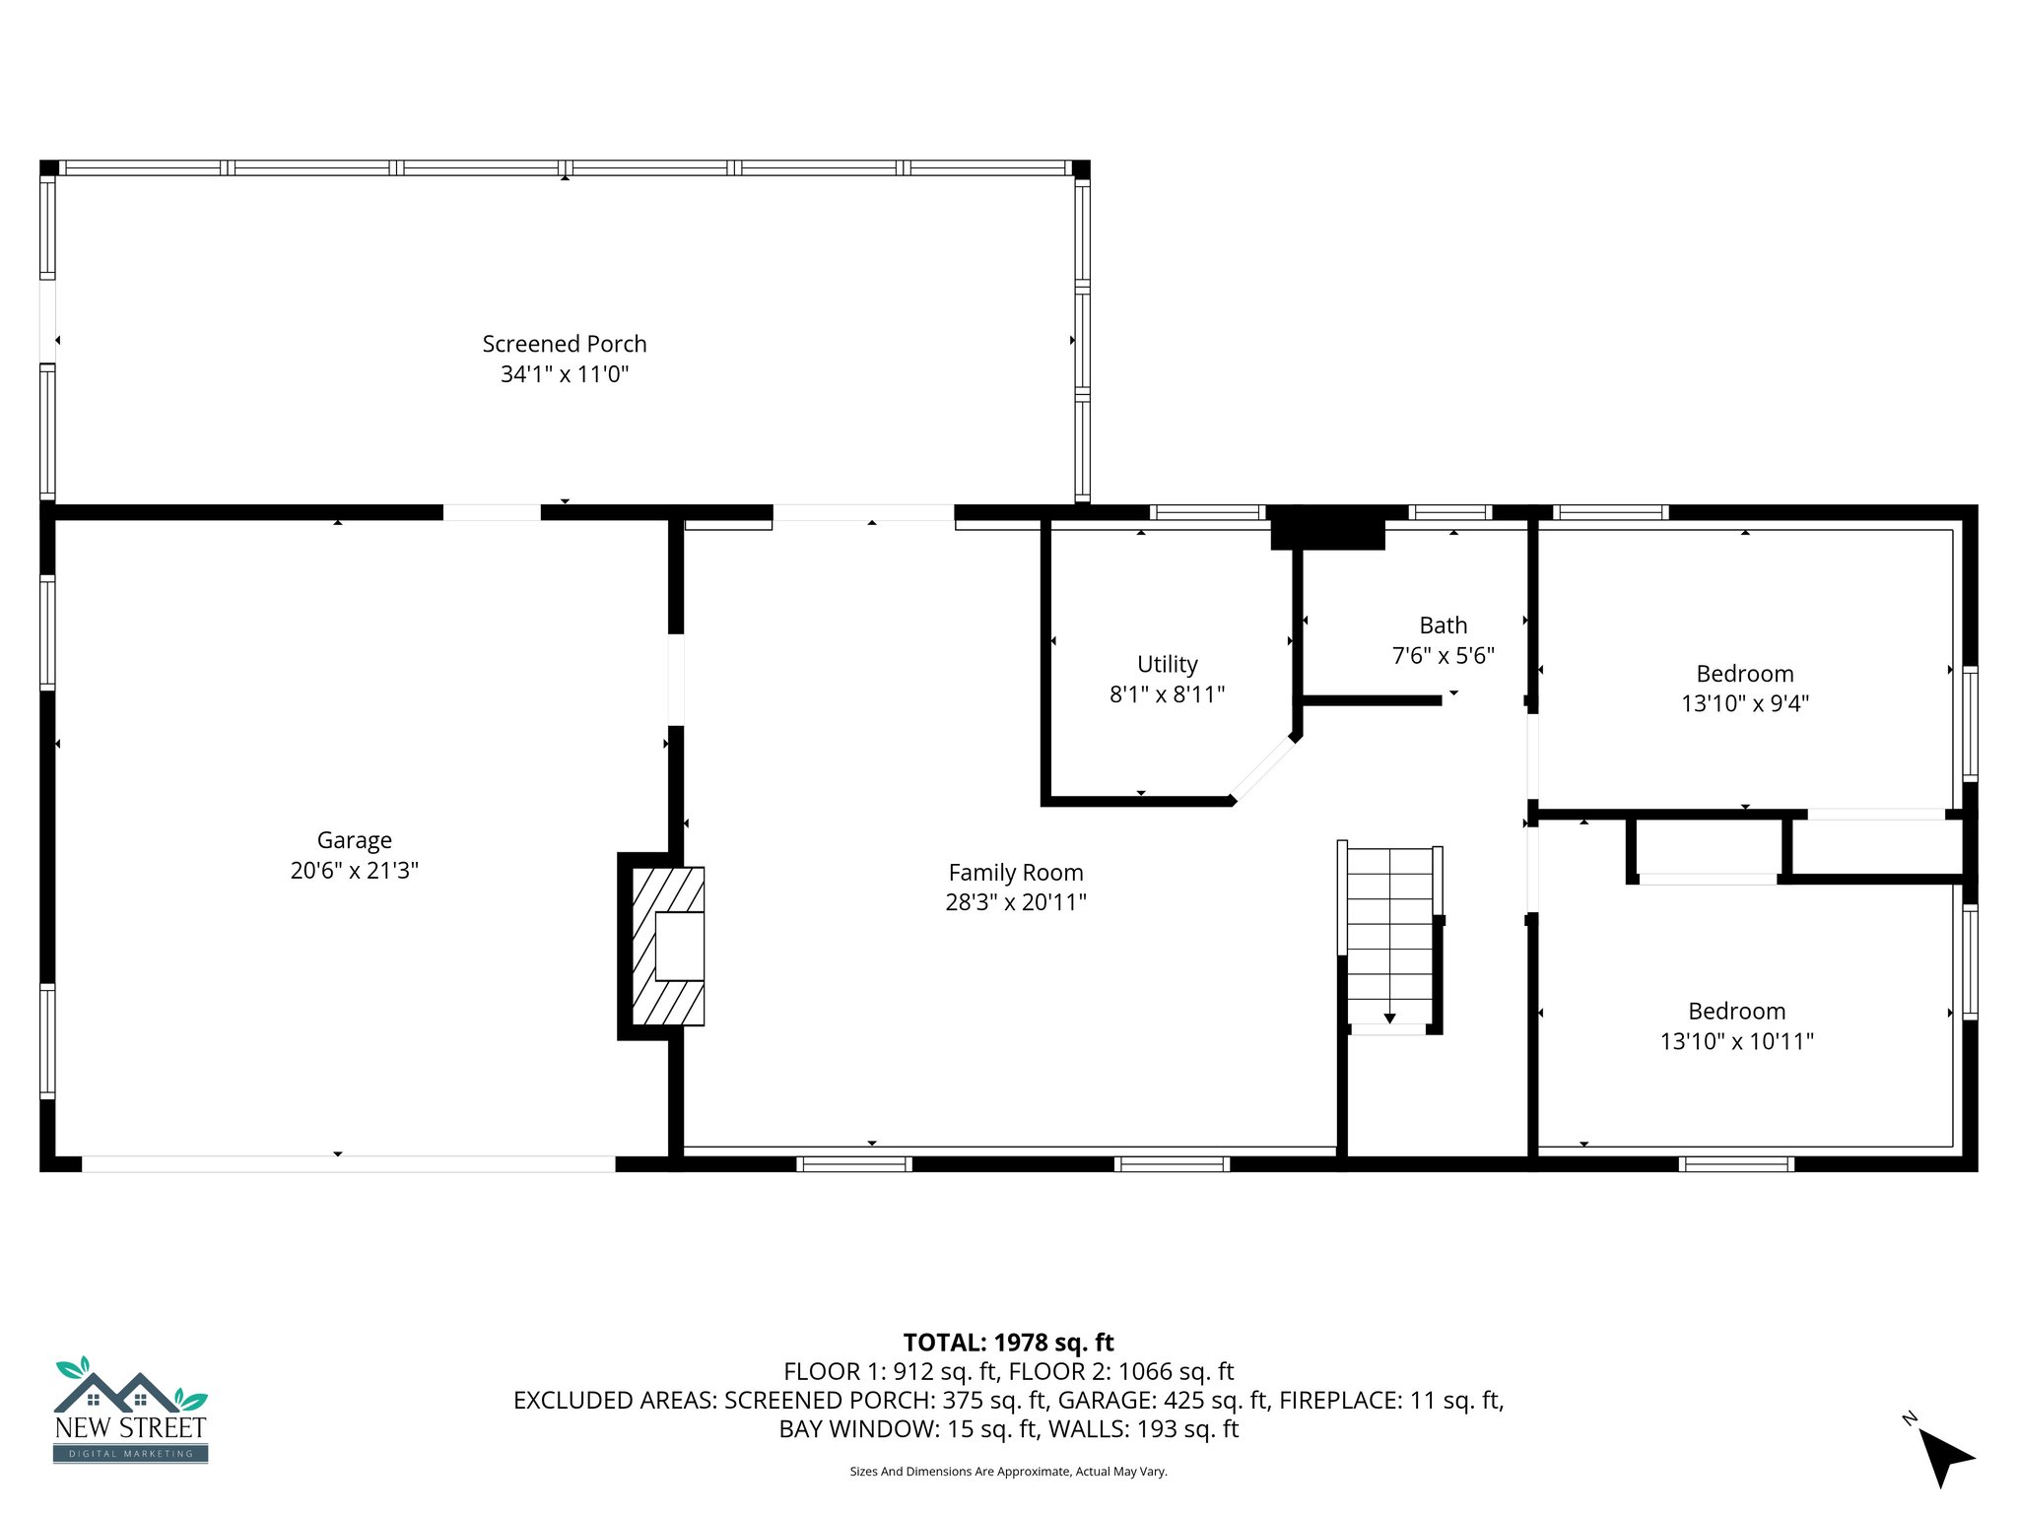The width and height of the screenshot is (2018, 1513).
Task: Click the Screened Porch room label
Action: tap(564, 344)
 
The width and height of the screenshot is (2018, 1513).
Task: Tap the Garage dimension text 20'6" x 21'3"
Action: tap(354, 871)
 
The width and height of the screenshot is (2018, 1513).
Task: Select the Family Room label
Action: tap(1015, 873)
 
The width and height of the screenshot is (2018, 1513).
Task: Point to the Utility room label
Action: tap(1167, 664)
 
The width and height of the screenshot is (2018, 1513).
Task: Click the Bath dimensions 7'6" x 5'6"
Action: tap(1443, 656)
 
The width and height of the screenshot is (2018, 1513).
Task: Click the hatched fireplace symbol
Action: tap(667, 947)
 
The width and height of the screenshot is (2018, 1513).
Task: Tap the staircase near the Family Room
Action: tap(1389, 936)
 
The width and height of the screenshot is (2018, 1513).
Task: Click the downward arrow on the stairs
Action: tap(1389, 1018)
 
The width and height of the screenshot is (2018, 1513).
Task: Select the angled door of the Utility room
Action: tap(1263, 769)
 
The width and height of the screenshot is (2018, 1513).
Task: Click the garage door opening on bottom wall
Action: tap(348, 1164)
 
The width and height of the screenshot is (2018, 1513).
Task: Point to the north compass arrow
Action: tap(1943, 1456)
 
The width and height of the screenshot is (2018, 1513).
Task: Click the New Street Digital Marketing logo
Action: tap(130, 1411)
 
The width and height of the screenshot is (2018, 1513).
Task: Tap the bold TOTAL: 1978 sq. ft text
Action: tap(1008, 1343)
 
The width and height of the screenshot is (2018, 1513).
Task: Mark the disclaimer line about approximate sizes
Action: tap(1008, 1472)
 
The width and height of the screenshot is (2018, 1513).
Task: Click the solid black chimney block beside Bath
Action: tap(1327, 529)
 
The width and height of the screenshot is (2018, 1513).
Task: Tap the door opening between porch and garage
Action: tap(492, 512)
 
